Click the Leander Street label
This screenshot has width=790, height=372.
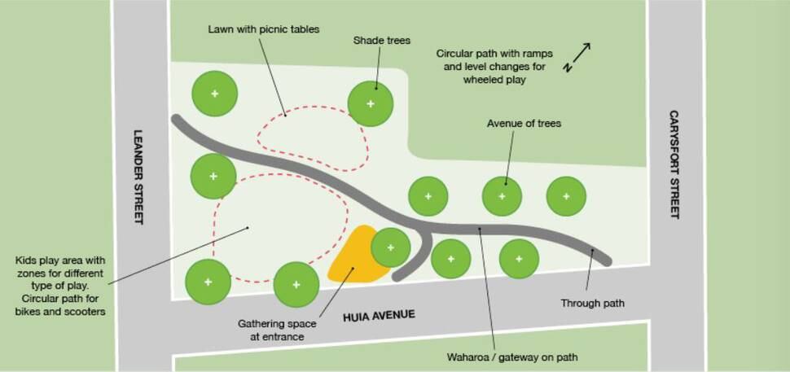coord(138,177)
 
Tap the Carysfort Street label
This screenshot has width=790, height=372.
coord(674,164)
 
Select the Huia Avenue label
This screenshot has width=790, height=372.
coord(379,316)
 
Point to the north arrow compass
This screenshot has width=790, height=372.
coord(577,57)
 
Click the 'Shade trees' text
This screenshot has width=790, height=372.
coord(382,40)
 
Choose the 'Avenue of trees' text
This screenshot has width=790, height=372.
coord(524,124)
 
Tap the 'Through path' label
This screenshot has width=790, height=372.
coord(593,304)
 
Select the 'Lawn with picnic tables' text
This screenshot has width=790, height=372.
coord(264,29)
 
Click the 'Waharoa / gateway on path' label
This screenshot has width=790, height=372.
coord(512,357)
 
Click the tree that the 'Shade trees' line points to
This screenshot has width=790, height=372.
coord(371,103)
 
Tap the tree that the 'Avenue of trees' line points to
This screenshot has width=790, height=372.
coord(502,196)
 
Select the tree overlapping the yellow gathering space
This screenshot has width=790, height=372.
coord(390,247)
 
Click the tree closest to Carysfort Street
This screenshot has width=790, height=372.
coord(566,196)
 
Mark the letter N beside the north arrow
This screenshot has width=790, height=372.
coord(568,68)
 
